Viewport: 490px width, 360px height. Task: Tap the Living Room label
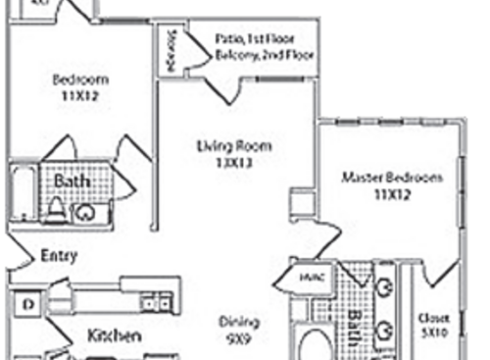tap(235, 147)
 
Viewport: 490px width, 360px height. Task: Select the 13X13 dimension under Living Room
tap(235, 164)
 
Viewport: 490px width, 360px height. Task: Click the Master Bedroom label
tap(392, 178)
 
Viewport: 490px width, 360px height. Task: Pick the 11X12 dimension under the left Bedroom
tap(80, 96)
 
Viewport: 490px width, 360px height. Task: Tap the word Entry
tap(59, 256)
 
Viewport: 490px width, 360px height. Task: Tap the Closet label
tap(432, 318)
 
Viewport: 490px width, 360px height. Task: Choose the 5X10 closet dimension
tap(432, 333)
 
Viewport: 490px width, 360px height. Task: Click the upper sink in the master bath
tap(383, 287)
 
